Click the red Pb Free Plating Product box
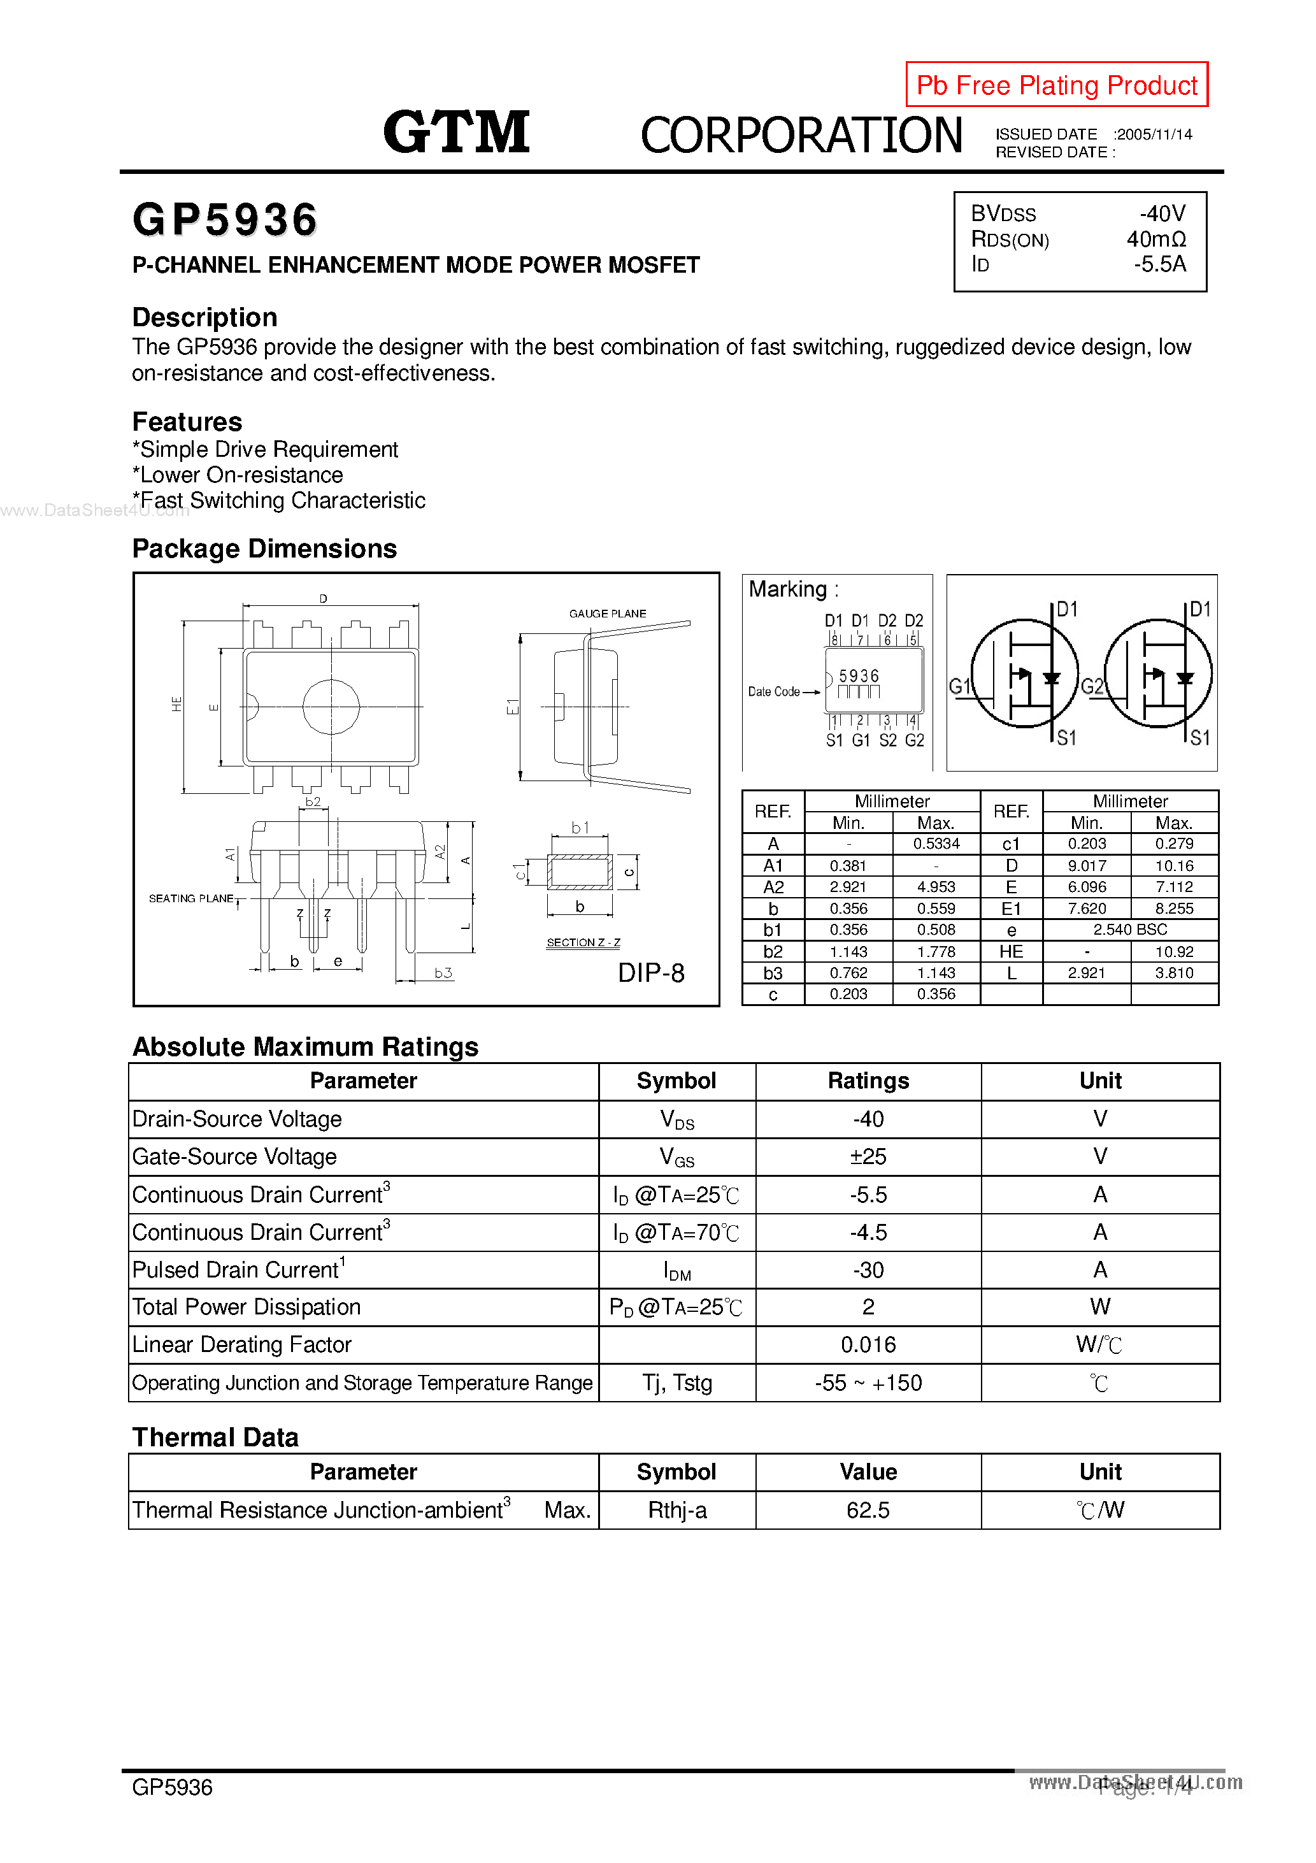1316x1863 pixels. pos(1055,84)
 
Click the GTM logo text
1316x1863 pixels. pos(456,133)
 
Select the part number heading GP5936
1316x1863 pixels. pos(225,220)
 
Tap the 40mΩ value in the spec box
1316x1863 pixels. pos(1155,240)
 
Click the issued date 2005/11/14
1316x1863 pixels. pos(1154,134)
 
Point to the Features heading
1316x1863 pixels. pos(187,422)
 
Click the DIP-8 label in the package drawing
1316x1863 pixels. pos(651,972)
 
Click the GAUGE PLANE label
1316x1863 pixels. pos(607,614)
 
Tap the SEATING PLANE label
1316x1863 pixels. pos(190,898)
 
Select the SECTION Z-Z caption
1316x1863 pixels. pos(583,942)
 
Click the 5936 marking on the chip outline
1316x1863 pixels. pos(859,676)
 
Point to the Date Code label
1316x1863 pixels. pos(773,691)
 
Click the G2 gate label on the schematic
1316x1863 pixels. pos(1092,686)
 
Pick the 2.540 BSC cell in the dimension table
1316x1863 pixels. pos(1129,929)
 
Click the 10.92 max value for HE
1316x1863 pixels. pos(1173,951)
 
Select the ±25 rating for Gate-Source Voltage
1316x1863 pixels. pos(868,1156)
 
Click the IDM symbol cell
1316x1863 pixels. pos(676,1270)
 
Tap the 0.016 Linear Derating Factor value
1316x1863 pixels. pos(868,1344)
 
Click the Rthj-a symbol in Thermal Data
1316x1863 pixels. pos(676,1510)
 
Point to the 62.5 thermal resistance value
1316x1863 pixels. pos(868,1510)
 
